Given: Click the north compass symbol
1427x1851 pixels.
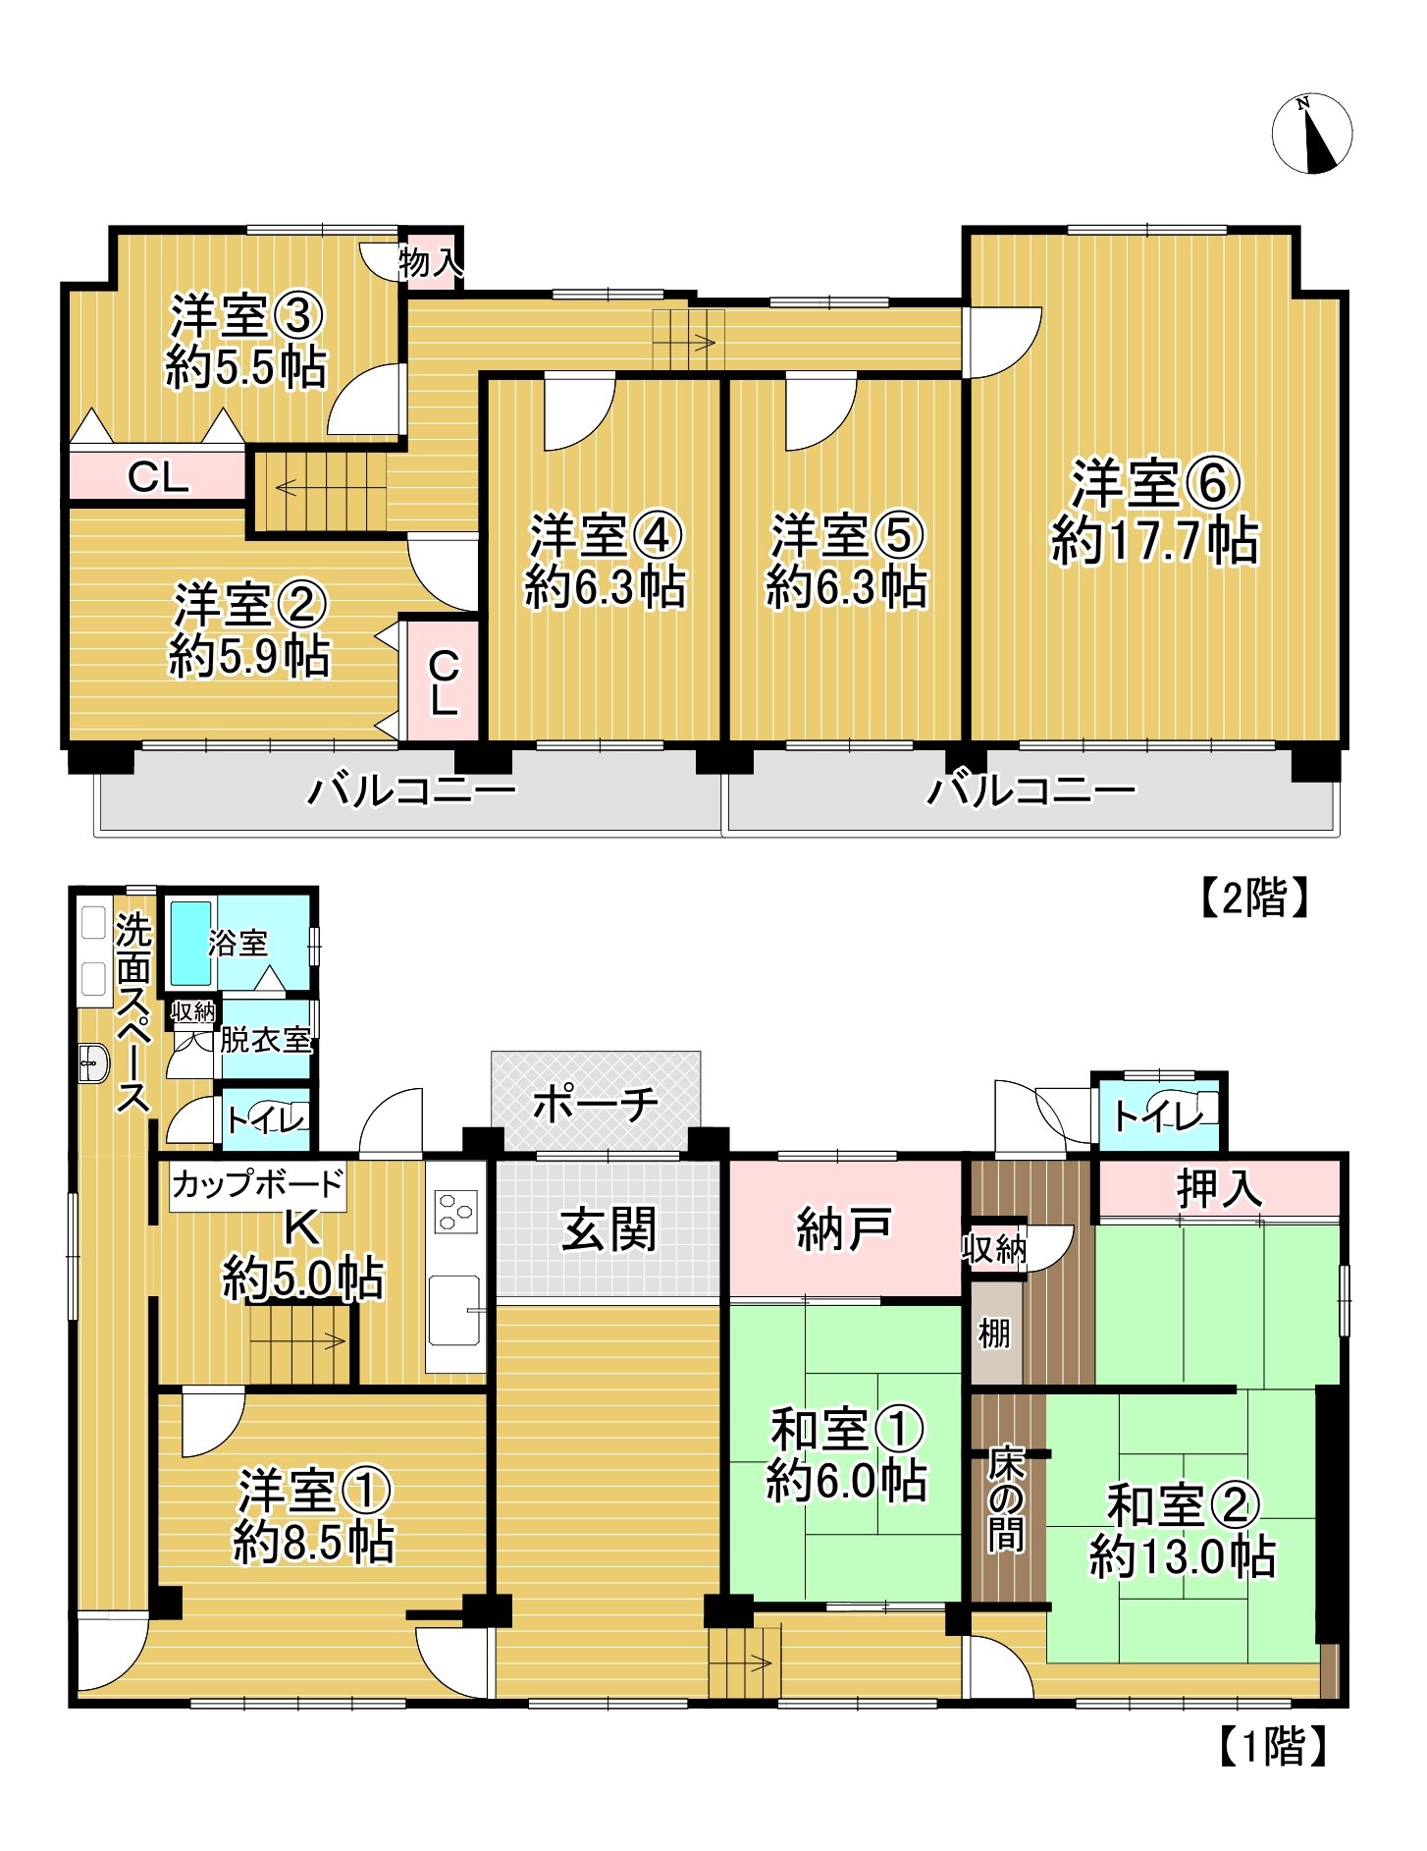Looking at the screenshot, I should pyautogui.click(x=1311, y=134).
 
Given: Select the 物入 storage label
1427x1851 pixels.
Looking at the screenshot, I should pyautogui.click(x=430, y=262).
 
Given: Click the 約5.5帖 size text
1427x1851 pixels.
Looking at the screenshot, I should pyautogui.click(x=246, y=368).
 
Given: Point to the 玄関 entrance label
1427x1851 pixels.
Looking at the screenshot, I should pyautogui.click(x=608, y=1229).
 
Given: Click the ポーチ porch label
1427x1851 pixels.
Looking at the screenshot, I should pyautogui.click(x=596, y=1105).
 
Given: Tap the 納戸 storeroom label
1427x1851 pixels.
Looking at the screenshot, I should pyautogui.click(x=844, y=1228).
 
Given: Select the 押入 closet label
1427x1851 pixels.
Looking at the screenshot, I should pyautogui.click(x=1219, y=1189).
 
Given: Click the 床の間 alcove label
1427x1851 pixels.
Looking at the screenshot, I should pyautogui.click(x=1006, y=1499).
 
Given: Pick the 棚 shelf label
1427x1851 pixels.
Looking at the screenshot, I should pyautogui.click(x=994, y=1334).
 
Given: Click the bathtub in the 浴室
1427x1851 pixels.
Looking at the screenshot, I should pyautogui.click(x=190, y=943).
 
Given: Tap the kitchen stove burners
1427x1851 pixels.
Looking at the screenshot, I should pyautogui.click(x=456, y=1211).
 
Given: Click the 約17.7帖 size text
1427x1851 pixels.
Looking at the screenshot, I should pyautogui.click(x=1155, y=541).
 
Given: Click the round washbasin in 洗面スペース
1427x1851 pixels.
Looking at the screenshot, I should pyautogui.click(x=93, y=1062).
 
